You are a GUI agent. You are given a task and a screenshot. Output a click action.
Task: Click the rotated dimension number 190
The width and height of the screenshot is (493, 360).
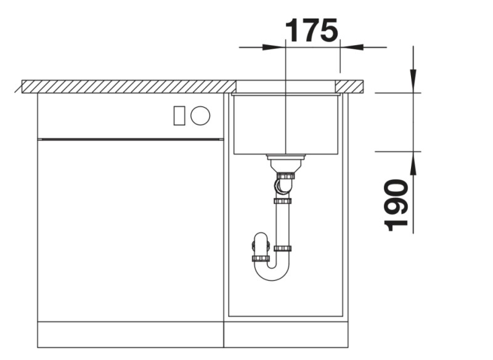pos(396,205)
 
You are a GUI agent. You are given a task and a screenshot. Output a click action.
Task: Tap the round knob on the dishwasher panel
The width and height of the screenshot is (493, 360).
pos(200,115)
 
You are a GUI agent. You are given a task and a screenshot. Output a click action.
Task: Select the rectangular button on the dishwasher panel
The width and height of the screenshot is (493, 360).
pos(179,115)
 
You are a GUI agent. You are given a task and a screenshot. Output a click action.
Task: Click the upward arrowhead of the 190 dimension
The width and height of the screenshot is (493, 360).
pos(413,163)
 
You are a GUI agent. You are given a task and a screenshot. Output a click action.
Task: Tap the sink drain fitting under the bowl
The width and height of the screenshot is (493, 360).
pos(286,163)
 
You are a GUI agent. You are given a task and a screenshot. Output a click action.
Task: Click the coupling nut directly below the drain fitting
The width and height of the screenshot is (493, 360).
pos(285,176)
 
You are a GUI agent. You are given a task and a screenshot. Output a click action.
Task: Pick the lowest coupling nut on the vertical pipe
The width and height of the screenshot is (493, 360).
pos(283,248)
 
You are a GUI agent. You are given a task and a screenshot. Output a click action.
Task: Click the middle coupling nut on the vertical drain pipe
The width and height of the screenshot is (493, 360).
pos(283,200)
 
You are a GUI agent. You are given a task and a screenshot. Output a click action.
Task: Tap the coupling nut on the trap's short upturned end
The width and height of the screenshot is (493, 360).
pos(261,258)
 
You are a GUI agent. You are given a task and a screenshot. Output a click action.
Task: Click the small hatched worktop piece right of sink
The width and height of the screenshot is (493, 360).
pos(351,86)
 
